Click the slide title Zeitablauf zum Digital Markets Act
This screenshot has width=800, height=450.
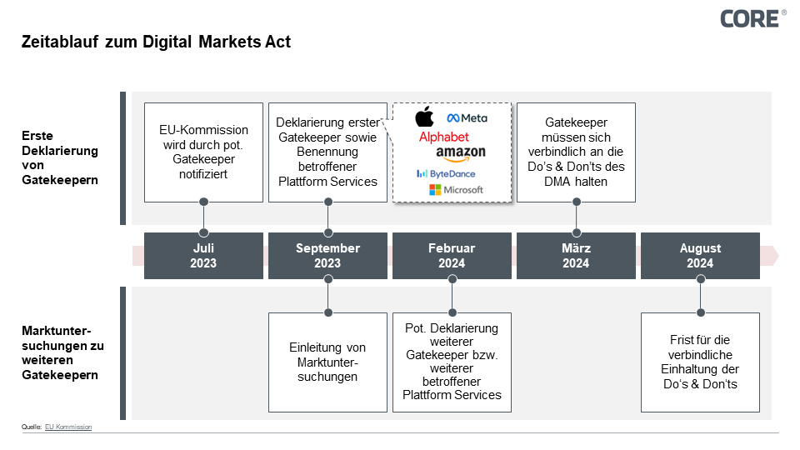tap(156, 42)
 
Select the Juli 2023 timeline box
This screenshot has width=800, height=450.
tap(203, 256)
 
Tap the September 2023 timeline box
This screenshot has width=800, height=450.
tap(327, 256)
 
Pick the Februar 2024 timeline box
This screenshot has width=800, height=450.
tap(452, 256)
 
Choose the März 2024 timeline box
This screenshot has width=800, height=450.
tap(576, 256)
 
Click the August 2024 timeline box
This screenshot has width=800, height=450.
tap(700, 256)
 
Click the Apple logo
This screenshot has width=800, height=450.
tap(425, 117)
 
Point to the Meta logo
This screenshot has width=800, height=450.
tap(467, 118)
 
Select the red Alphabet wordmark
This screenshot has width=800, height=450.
tap(443, 137)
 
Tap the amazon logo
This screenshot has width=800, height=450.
tap(460, 154)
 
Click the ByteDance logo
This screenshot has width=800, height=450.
tap(446, 173)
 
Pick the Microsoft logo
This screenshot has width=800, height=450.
tap(456, 190)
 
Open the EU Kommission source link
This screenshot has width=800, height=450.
tap(68, 427)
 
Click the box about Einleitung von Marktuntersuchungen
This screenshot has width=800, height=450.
tap(327, 362)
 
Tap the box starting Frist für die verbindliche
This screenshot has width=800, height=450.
tap(700, 362)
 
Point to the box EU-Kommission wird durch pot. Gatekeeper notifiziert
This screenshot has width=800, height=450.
tap(203, 152)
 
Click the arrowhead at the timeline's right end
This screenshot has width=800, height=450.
tap(772, 256)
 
